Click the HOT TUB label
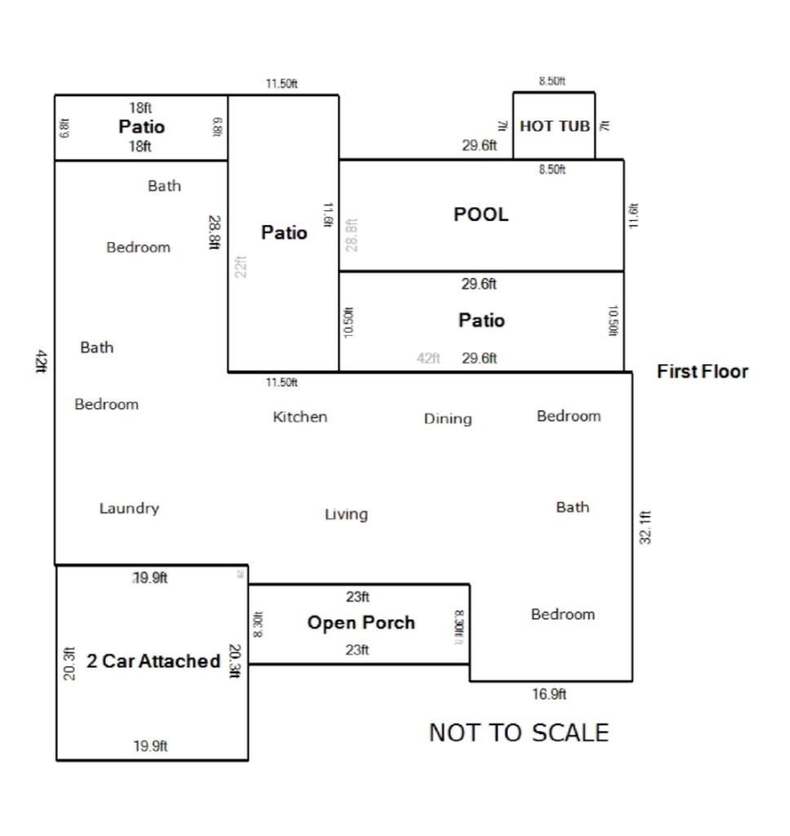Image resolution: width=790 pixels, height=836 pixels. (554, 126)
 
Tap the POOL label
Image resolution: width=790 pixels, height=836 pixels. (481, 214)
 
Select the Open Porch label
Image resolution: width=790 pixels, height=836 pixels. (360, 623)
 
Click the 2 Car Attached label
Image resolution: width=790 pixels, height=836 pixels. (153, 661)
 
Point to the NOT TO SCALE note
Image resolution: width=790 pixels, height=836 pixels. (519, 733)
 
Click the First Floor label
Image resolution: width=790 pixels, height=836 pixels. (702, 372)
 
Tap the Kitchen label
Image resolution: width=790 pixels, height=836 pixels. (300, 417)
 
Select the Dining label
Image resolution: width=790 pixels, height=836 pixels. (448, 419)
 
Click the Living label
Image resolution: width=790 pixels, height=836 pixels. (346, 514)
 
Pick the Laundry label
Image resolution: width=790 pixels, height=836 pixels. (129, 508)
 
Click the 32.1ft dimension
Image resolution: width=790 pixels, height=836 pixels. (645, 526)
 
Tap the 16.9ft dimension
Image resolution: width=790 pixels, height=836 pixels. (549, 694)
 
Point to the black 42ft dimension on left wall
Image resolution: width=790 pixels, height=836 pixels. (40, 360)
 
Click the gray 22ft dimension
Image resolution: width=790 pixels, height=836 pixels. (241, 266)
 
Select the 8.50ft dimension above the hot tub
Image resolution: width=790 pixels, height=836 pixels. (552, 81)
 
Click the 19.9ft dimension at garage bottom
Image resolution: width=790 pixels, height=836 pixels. (150, 746)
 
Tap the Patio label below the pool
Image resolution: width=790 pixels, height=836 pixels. (481, 320)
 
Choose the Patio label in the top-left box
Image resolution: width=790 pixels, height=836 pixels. (142, 126)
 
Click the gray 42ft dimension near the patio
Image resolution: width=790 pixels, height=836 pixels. (429, 358)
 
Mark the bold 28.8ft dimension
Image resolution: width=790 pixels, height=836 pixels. (214, 231)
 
